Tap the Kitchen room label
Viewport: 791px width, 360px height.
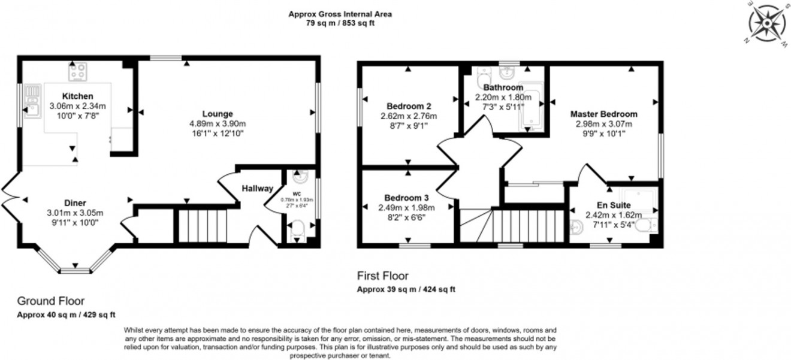[77, 96]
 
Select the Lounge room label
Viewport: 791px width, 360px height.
[217, 114]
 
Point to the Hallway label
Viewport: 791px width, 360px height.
[257, 188]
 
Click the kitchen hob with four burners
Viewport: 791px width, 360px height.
[78, 72]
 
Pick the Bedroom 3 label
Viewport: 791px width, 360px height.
[406, 198]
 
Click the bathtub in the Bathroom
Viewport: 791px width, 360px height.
[531, 106]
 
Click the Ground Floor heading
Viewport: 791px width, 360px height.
[50, 301]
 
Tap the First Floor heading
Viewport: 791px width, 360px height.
[382, 276]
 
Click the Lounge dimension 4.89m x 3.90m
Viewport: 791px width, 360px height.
[217, 124]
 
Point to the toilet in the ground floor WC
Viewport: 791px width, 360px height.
[297, 230]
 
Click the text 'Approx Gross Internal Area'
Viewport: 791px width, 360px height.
[340, 14]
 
